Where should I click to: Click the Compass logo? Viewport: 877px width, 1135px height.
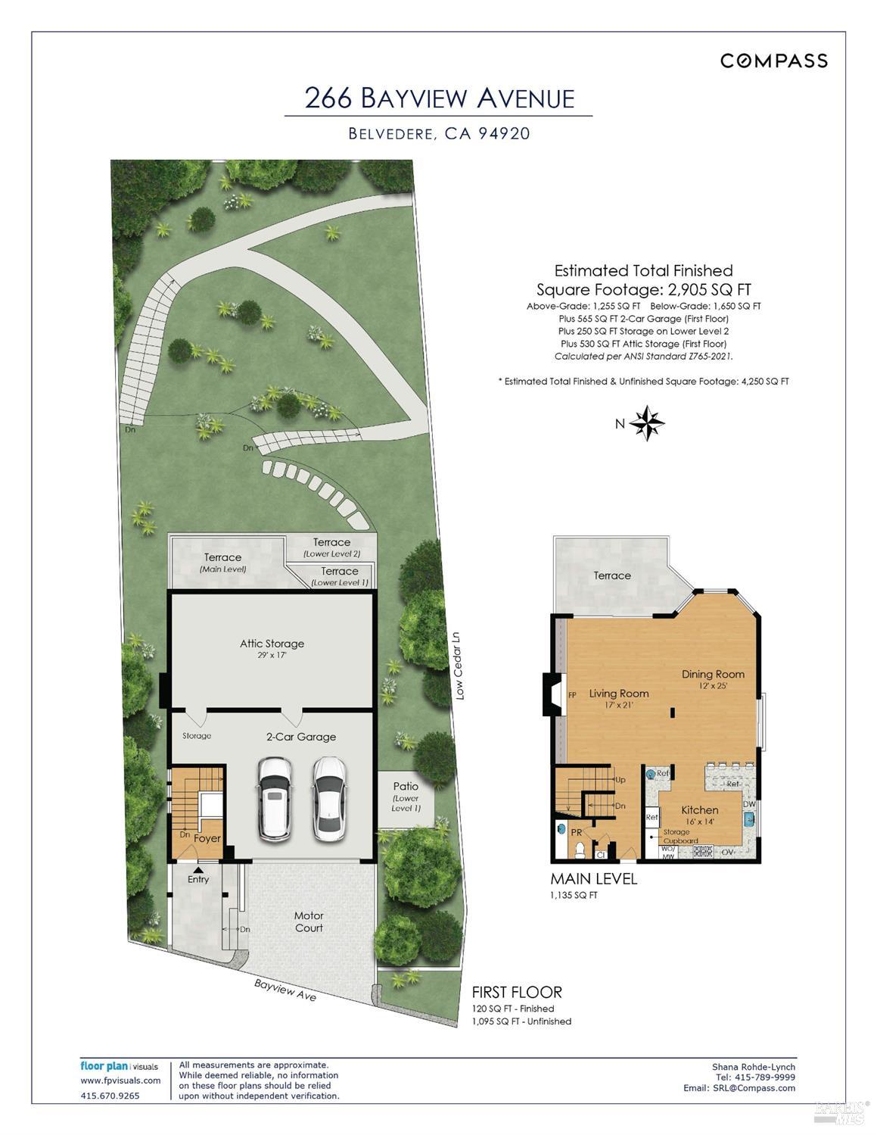773,61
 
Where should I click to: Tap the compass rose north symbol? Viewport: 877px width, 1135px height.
647,423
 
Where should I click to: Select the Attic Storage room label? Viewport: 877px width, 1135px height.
272,644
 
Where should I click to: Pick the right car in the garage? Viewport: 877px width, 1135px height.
329,799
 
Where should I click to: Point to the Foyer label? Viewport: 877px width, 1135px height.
207,838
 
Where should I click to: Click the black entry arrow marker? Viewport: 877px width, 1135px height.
198,870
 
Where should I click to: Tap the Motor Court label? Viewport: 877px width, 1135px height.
309,922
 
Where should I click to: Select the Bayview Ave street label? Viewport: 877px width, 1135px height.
285,990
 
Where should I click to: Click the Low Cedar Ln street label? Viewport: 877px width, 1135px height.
458,666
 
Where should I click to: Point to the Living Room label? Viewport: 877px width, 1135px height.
619,694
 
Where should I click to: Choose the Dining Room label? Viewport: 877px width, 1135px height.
713,675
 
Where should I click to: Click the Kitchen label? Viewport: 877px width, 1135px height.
699,810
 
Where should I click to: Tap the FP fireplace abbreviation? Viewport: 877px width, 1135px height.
572,695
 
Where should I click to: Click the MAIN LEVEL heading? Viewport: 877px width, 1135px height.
594,879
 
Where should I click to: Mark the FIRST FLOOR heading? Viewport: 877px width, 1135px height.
517,993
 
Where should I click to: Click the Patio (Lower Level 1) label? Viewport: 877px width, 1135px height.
406,797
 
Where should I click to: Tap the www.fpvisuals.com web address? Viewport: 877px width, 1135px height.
120,1080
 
